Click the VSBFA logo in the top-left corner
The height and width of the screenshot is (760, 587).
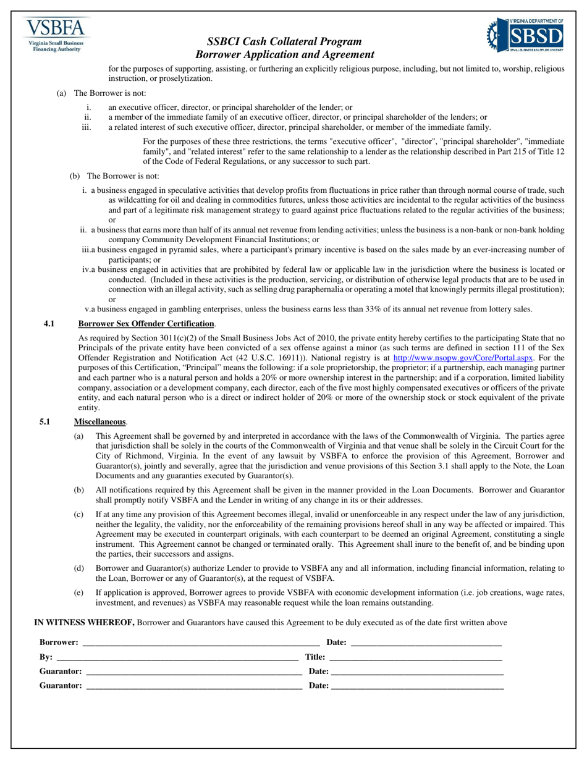(x=56, y=35)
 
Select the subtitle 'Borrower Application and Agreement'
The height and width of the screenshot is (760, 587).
(x=285, y=54)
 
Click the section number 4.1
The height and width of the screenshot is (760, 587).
(x=49, y=323)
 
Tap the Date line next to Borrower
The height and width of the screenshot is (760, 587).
(x=426, y=643)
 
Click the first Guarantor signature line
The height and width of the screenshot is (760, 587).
(x=194, y=672)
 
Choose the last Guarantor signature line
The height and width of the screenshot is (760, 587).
(x=194, y=686)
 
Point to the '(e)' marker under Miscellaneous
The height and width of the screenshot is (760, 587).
(x=78, y=592)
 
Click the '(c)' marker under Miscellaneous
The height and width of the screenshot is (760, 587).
(x=78, y=514)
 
